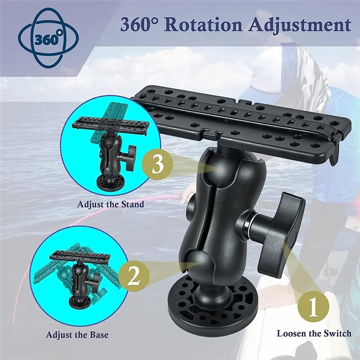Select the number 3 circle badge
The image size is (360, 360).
(x=157, y=165)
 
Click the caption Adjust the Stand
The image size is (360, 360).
(x=111, y=204)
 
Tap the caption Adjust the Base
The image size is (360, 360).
(x=77, y=335)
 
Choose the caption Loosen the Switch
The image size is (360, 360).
(x=314, y=333)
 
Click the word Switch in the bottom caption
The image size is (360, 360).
(x=337, y=333)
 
